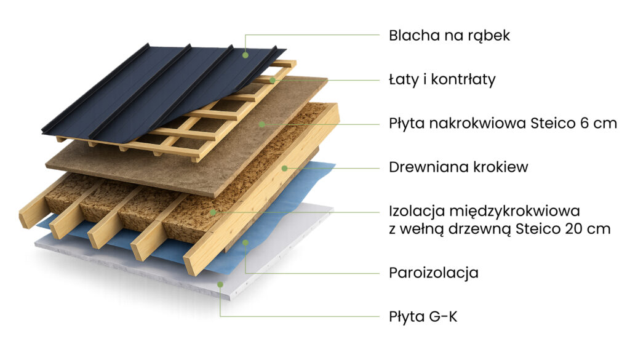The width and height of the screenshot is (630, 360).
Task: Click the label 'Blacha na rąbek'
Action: point(449,36)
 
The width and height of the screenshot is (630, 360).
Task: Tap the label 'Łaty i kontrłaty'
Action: point(442,79)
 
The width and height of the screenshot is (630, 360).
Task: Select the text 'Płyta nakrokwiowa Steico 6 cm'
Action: point(503,123)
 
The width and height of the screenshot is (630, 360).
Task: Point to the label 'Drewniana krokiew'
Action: point(458,167)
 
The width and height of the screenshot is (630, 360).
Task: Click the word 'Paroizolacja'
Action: point(434,273)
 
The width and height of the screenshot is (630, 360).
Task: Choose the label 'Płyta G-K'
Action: point(423,316)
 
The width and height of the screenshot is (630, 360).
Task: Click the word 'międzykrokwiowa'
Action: point(514,211)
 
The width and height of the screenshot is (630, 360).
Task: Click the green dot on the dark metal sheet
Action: point(245,55)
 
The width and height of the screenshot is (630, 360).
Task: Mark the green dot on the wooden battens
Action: point(273,81)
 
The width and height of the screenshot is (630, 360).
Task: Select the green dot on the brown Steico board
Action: point(262,124)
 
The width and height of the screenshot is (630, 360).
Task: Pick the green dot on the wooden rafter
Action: point(284,168)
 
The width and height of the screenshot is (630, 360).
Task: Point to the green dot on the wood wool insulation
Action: point(213,212)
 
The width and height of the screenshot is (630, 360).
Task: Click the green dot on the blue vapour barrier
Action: point(245,242)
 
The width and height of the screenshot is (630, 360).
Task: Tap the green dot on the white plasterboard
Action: point(220,284)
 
